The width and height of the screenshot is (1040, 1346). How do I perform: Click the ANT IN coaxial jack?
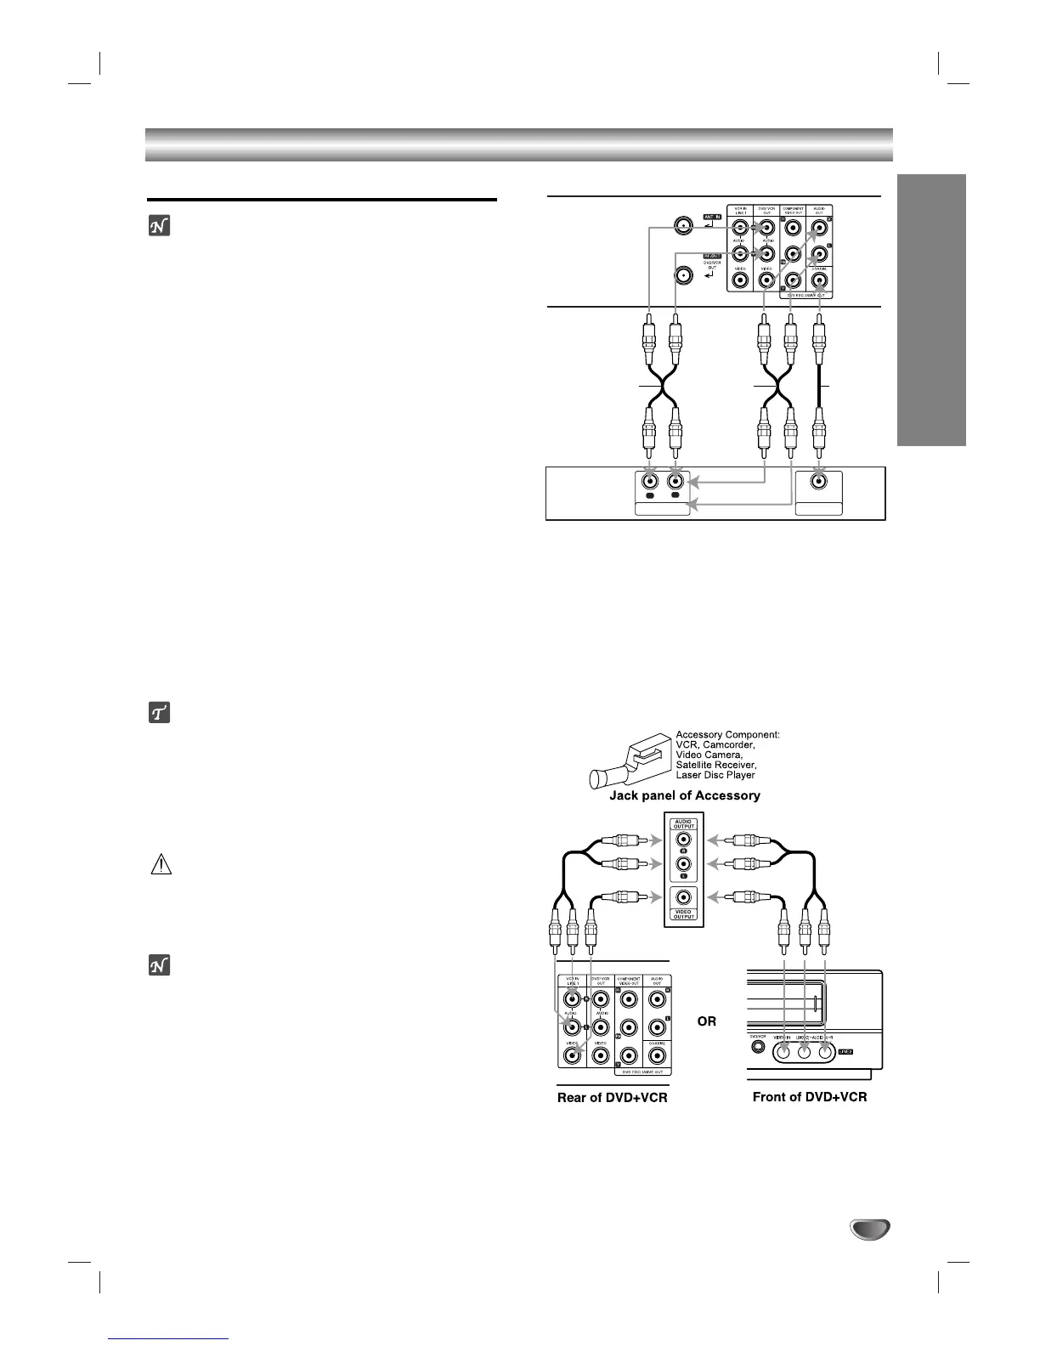tap(681, 226)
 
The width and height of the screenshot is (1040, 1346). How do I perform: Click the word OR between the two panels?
tap(707, 1021)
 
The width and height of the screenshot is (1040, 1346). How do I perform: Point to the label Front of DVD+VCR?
tap(810, 1097)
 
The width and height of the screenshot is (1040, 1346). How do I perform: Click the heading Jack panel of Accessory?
tap(685, 795)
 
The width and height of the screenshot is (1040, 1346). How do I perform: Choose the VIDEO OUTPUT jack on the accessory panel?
tap(684, 897)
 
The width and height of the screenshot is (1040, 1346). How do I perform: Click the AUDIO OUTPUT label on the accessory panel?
tap(684, 823)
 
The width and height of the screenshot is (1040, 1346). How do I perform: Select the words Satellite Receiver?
tap(715, 765)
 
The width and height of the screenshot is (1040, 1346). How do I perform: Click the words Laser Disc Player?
tap(715, 775)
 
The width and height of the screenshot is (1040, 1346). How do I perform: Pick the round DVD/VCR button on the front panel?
tap(755, 1047)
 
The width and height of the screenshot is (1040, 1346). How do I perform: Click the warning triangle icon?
tap(161, 865)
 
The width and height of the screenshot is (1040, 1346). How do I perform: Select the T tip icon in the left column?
tap(160, 713)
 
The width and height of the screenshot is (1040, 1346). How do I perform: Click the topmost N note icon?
tap(160, 225)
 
